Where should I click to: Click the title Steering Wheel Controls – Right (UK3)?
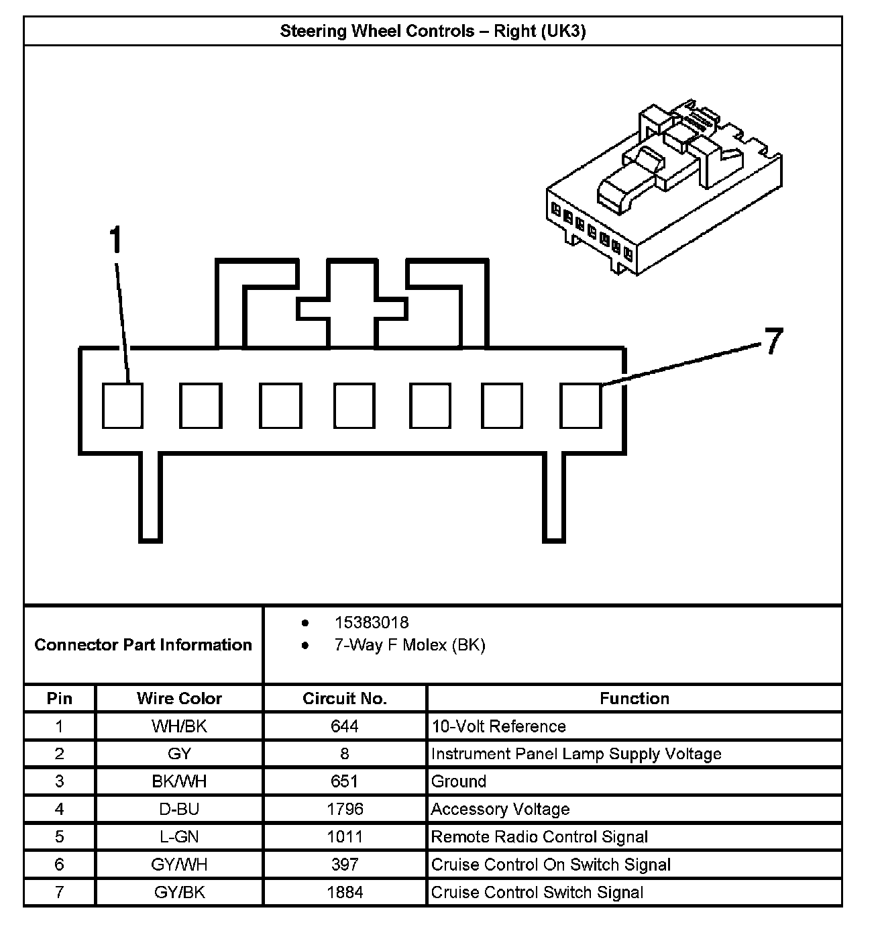(x=433, y=31)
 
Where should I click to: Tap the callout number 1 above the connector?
(x=116, y=240)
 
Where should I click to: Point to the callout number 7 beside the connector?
(x=773, y=341)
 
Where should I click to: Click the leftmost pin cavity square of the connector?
(x=123, y=405)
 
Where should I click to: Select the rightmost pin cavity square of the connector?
(x=580, y=405)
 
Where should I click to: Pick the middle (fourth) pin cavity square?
(x=354, y=405)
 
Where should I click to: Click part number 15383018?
(x=371, y=622)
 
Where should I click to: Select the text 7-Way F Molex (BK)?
(x=409, y=645)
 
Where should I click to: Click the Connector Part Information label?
(x=143, y=645)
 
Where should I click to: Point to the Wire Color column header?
(x=179, y=698)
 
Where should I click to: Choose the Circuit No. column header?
(x=345, y=698)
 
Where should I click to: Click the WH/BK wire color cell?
(x=179, y=726)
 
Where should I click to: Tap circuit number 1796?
(x=345, y=809)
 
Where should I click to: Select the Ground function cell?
(x=459, y=781)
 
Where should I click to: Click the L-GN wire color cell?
(x=179, y=836)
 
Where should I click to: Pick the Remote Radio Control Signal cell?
(x=539, y=836)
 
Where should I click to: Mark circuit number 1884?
(x=345, y=892)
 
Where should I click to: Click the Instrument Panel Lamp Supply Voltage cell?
(x=576, y=754)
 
